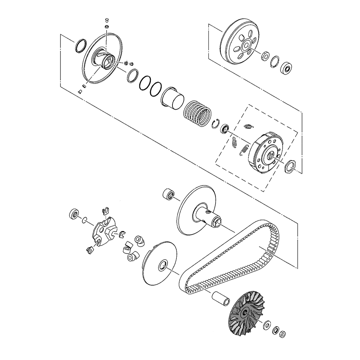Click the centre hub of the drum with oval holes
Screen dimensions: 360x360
(247, 46)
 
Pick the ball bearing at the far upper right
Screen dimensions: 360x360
(287, 67)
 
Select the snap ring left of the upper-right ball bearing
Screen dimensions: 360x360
(276, 61)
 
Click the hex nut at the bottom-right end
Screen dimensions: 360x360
(283, 334)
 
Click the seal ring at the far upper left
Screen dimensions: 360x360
(80, 45)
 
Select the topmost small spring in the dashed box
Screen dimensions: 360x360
(248, 126)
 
